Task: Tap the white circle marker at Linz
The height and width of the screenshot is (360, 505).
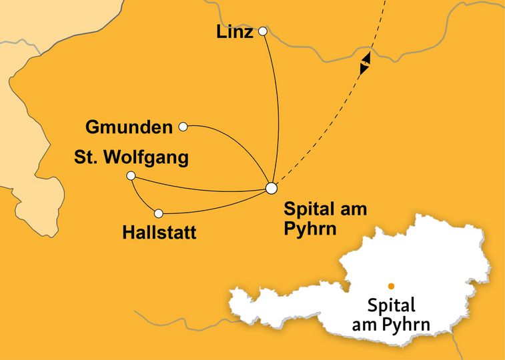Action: (263, 31)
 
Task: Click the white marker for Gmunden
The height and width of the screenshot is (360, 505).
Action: (183, 125)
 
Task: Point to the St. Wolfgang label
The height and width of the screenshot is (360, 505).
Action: (131, 158)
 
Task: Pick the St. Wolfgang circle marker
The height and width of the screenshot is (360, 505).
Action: (131, 175)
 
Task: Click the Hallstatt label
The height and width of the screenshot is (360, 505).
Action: (161, 233)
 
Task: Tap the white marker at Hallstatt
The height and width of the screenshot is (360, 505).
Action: (159, 213)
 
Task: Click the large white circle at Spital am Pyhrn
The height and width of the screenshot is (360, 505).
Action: (271, 188)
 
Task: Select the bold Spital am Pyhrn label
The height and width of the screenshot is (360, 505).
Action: (326, 217)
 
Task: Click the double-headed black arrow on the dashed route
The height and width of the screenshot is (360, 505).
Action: (365, 64)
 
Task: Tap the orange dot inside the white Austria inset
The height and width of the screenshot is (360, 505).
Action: (391, 286)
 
